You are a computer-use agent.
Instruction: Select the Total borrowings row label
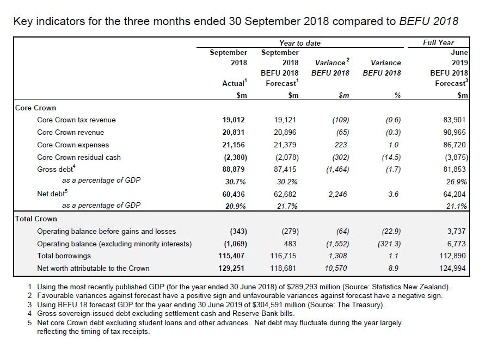[x=64, y=256]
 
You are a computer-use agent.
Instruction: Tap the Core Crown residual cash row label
[x=79, y=157]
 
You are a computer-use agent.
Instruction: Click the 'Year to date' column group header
[x=299, y=43]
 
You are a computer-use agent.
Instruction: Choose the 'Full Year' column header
[x=438, y=43]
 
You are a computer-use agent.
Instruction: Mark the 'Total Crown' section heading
[x=36, y=219]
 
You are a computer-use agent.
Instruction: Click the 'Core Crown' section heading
[x=35, y=108]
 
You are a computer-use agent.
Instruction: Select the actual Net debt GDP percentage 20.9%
[x=236, y=206]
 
